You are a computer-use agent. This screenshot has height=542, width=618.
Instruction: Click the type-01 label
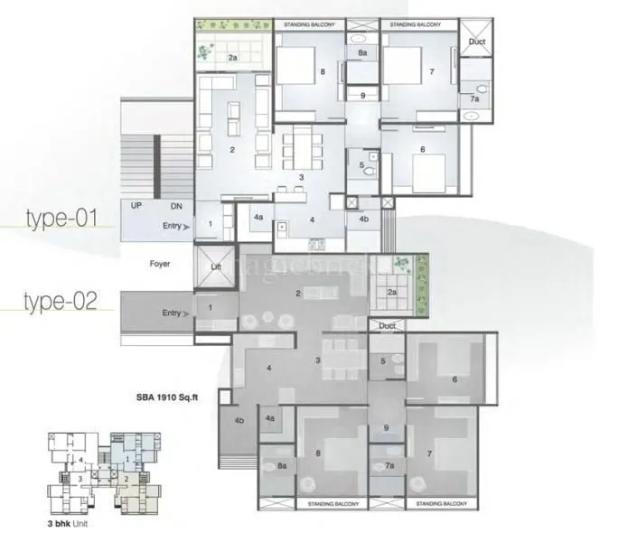pyautogui.click(x=62, y=219)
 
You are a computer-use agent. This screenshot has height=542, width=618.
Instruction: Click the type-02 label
pyautogui.click(x=62, y=300)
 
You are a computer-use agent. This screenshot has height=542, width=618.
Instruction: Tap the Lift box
pyautogui.click(x=214, y=268)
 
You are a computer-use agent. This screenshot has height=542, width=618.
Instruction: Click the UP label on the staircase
pyautogui.click(x=137, y=207)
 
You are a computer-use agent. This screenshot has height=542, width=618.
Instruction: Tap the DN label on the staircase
pyautogui.click(x=175, y=207)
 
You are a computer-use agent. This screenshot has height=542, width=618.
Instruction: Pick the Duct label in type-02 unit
pyautogui.click(x=388, y=325)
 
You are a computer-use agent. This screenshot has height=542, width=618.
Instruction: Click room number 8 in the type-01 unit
pyautogui.click(x=322, y=71)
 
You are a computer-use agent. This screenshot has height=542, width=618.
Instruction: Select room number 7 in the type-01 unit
pyautogui.click(x=431, y=71)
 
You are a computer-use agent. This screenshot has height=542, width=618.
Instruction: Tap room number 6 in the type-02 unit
pyautogui.click(x=454, y=379)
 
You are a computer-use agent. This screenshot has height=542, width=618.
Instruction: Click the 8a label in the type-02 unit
pyautogui.click(x=282, y=466)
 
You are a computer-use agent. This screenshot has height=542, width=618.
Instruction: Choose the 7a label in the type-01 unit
pyautogui.click(x=474, y=98)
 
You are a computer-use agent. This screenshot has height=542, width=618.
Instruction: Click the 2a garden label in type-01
pyautogui.click(x=232, y=58)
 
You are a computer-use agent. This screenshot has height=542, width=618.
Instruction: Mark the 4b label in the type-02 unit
pyautogui.click(x=240, y=420)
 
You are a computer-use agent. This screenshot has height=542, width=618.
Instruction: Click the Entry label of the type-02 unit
pyautogui.click(x=172, y=313)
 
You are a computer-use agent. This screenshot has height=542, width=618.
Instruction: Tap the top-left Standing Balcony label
pyautogui.click(x=309, y=23)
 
